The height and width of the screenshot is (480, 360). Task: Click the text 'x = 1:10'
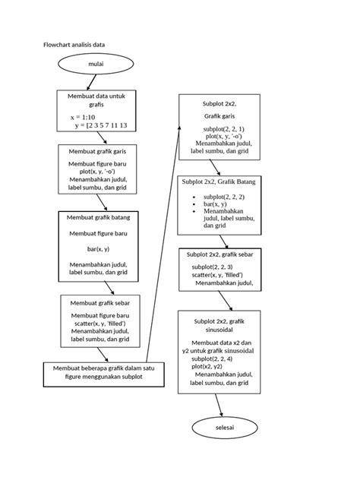tap(82, 118)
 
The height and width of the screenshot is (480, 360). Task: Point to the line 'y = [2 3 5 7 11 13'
tap(101, 126)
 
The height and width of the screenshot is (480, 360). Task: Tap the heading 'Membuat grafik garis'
tap(97, 153)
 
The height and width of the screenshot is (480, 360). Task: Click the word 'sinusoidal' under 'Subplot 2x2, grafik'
tap(219, 331)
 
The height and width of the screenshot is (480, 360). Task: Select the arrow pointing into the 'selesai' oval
tap(223, 407)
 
